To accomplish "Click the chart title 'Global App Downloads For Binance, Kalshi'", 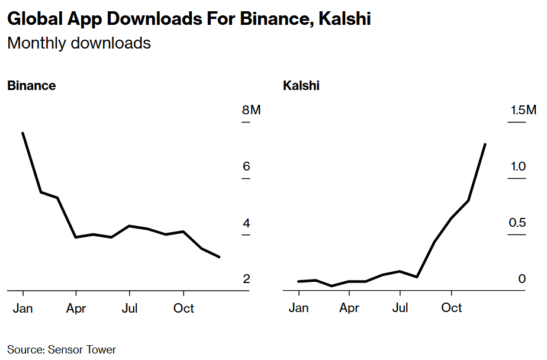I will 189,19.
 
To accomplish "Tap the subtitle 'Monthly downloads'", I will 79,43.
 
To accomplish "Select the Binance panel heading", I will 31,85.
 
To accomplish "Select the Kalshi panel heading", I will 301,85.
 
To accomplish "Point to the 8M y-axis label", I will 251,110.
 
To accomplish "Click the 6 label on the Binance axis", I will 246,166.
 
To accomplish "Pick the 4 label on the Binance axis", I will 246,223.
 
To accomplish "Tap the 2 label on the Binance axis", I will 246,279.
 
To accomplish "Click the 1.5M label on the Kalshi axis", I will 523,110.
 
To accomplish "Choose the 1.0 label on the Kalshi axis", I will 518,166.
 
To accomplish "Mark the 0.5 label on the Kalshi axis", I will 518,223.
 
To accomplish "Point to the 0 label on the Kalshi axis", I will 522,279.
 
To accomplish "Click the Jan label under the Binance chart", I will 23,308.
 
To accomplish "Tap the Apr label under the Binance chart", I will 76,308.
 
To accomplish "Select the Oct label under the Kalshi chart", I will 452,308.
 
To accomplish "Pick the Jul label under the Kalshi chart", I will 400,308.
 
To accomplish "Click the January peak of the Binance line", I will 23,133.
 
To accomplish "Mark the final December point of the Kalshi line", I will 485,144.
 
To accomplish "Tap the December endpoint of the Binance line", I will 220,257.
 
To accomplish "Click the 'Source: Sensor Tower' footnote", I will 62,349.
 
